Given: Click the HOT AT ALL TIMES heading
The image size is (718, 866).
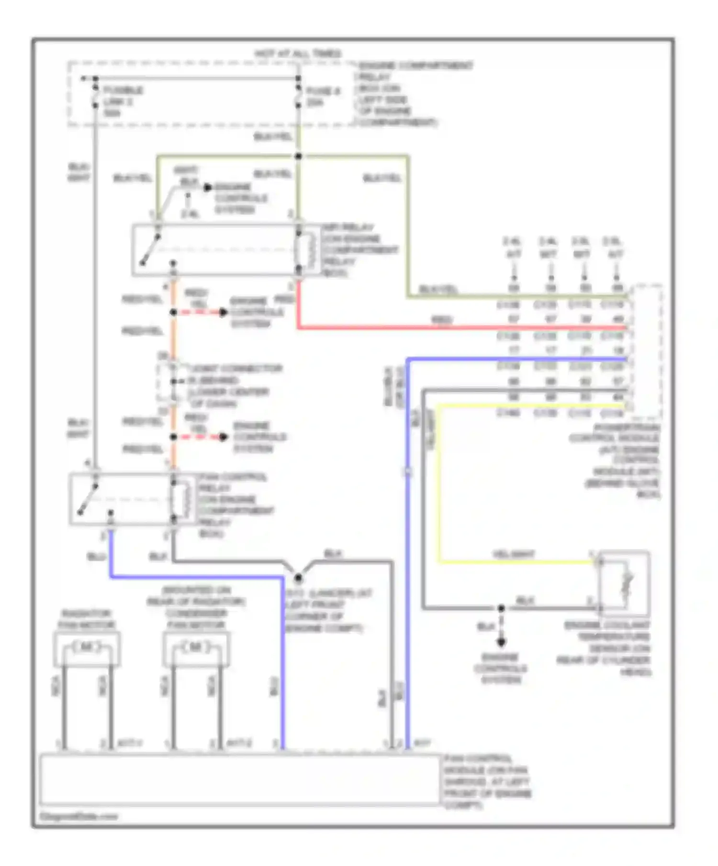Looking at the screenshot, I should click(298, 53).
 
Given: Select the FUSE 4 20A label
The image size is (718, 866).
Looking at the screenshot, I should click(322, 97).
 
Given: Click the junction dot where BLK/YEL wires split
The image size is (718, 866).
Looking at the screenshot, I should click(298, 156).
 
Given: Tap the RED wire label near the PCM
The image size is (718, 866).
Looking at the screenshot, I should click(441, 319).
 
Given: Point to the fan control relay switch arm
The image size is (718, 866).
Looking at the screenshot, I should click(88, 500).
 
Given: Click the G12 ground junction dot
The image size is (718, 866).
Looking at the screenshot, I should click(298, 578).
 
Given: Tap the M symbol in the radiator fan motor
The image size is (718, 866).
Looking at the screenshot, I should click(87, 647).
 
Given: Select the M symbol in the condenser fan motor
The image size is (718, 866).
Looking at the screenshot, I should click(196, 647).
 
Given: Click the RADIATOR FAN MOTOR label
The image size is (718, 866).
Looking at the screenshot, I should click(86, 619).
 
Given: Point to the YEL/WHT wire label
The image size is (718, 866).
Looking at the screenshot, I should click(513, 554).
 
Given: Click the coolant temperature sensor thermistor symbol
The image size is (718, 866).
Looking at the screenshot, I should click(626, 584).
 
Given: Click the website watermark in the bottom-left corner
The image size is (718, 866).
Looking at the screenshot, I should click(79, 816).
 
